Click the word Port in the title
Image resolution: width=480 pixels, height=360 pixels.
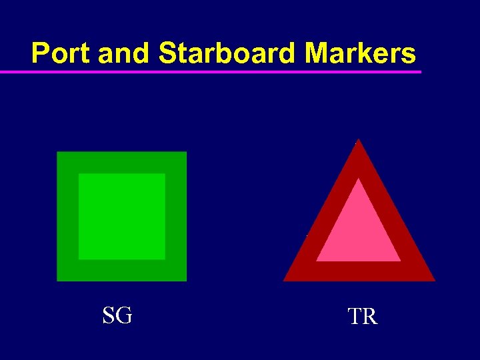pos(61,53)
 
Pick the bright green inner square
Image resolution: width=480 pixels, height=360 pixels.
pos(122,216)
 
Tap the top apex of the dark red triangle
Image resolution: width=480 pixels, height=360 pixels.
pos(359,142)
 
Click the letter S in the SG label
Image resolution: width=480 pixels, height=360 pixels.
pos(109,315)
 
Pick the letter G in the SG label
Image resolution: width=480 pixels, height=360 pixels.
pos(124,315)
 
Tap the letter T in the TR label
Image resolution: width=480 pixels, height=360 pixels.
pos(354,317)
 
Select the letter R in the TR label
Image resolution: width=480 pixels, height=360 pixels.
pos(370,317)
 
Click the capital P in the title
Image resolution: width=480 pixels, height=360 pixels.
pos(41,53)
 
